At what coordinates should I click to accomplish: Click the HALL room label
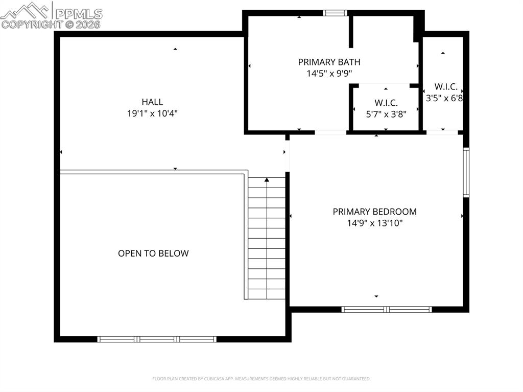152,102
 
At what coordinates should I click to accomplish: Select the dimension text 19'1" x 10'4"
152,113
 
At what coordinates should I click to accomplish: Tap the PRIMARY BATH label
329,62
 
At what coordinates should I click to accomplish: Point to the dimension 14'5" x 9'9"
329,74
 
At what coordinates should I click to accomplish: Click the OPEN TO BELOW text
153,253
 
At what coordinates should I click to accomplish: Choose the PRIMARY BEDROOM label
374,212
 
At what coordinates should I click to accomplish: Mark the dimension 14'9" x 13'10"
374,223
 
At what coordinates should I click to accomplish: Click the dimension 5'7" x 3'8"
386,114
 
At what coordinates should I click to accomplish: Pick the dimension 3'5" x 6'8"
444,98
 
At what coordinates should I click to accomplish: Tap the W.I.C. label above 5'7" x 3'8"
386,103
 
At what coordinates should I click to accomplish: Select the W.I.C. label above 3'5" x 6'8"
445,86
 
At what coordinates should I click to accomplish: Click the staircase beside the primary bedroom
267,240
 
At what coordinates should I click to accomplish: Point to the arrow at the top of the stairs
267,180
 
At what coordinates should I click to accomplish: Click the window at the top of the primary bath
335,13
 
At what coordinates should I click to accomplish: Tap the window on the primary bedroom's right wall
466,172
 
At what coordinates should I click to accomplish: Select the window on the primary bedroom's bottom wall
387,309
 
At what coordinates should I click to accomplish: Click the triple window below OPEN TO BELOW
157,339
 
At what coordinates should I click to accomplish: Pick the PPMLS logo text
78,14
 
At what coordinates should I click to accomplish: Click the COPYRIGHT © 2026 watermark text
51,24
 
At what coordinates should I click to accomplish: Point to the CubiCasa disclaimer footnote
261,379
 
